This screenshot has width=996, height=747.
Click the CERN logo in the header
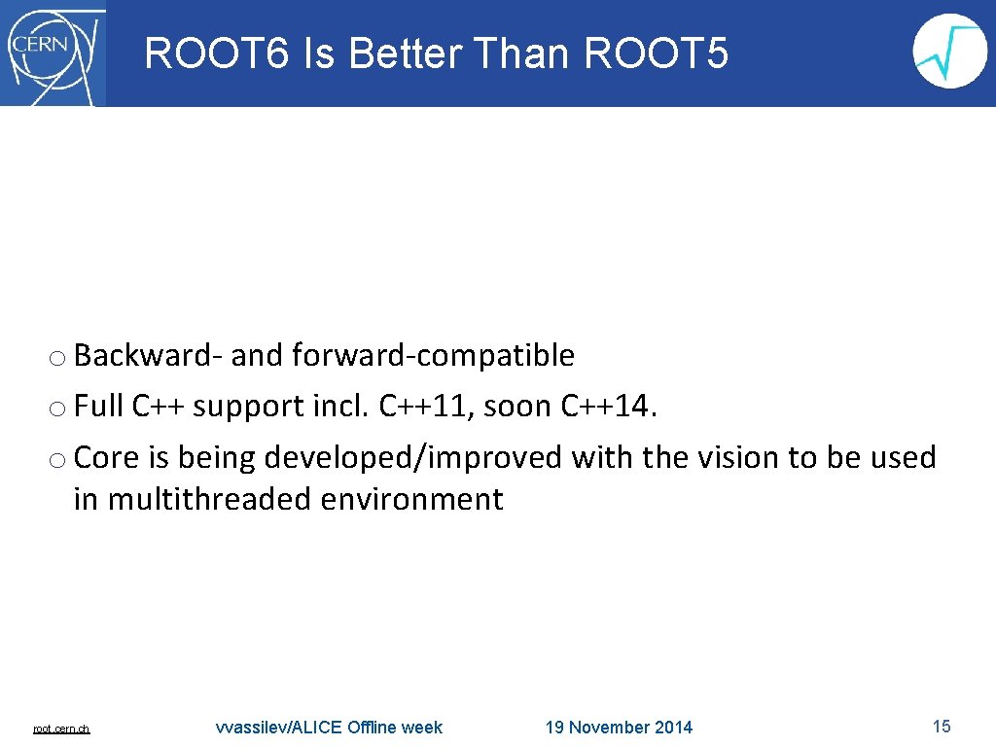53,53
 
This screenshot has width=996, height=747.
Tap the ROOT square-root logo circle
949,52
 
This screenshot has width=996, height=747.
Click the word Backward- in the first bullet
149,356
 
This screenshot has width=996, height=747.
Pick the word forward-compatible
433,356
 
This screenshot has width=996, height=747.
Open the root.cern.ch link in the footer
61,729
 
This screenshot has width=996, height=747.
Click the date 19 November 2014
619,728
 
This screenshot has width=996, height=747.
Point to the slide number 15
941,727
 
